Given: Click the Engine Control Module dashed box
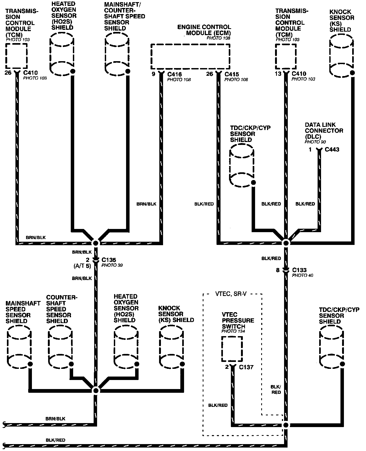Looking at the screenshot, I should [190, 56].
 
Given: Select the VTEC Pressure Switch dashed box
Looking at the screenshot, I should [232, 349].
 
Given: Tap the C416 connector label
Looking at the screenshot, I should [174, 74].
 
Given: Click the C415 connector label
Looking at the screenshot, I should [232, 74].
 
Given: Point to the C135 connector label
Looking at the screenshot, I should [109, 260].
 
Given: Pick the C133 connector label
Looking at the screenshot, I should [299, 270].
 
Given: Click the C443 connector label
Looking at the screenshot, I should [332, 149].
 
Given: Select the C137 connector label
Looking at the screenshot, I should [246, 367].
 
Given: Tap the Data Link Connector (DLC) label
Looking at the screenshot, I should [324, 131].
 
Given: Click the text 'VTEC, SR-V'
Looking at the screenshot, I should [231, 294].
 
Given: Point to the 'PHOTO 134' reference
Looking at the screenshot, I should [233, 331].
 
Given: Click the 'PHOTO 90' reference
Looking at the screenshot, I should [315, 142].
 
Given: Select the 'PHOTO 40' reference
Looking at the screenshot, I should [302, 275].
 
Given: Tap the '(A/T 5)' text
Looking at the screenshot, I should [82, 266].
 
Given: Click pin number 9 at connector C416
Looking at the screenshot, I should [153, 74].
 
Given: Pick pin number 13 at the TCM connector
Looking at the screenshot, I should [278, 74].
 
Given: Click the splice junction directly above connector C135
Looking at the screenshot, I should [95, 243].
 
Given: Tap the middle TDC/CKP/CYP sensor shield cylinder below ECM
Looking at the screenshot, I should [241, 166].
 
